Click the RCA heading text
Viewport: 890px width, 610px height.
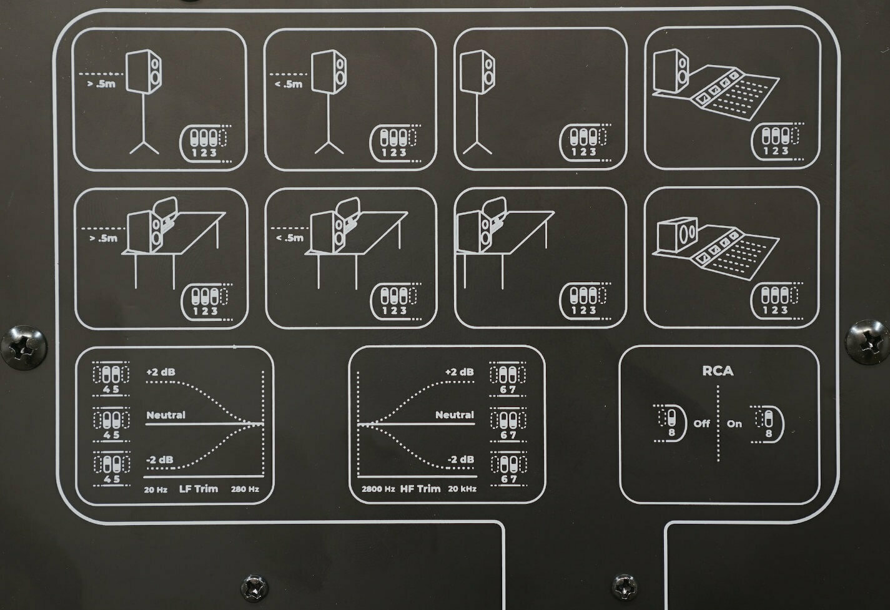point(718,371)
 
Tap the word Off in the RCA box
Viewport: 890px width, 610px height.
point(702,423)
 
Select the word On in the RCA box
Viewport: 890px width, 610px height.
point(734,423)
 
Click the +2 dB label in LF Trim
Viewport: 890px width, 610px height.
point(161,372)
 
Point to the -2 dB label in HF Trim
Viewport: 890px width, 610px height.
point(460,460)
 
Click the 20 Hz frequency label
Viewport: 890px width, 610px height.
point(156,489)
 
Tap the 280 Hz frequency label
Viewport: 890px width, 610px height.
point(245,489)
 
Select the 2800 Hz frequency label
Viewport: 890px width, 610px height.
point(378,489)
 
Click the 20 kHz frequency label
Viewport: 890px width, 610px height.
point(462,489)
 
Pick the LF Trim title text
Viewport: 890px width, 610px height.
point(199,488)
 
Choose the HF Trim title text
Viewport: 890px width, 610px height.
point(420,488)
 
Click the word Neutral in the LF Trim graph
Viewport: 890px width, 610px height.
point(166,415)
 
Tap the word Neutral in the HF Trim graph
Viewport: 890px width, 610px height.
point(455,415)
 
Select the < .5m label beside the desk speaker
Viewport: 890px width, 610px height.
point(289,237)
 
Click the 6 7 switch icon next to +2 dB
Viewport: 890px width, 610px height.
point(507,377)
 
